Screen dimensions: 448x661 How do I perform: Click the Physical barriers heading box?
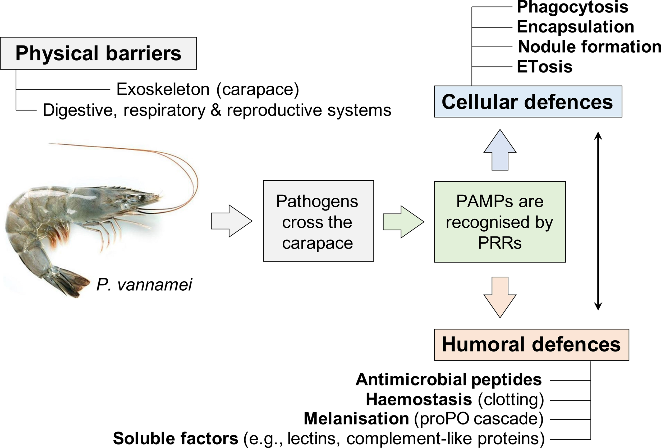(x=98, y=53)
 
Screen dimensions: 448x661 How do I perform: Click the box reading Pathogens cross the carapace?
(x=318, y=221)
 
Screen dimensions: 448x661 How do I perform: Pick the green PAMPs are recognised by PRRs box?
(x=499, y=222)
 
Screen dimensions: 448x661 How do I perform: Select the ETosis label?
(x=544, y=67)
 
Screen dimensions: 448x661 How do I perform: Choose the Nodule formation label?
(x=589, y=47)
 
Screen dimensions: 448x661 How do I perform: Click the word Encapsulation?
(x=575, y=27)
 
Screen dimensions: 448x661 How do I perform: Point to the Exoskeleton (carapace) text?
(x=208, y=89)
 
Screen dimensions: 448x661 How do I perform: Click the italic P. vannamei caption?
(x=144, y=285)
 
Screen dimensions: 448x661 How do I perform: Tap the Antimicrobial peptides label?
(x=448, y=380)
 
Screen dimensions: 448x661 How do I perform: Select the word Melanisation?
(x=356, y=419)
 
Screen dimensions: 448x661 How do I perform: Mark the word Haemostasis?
(x=419, y=399)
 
